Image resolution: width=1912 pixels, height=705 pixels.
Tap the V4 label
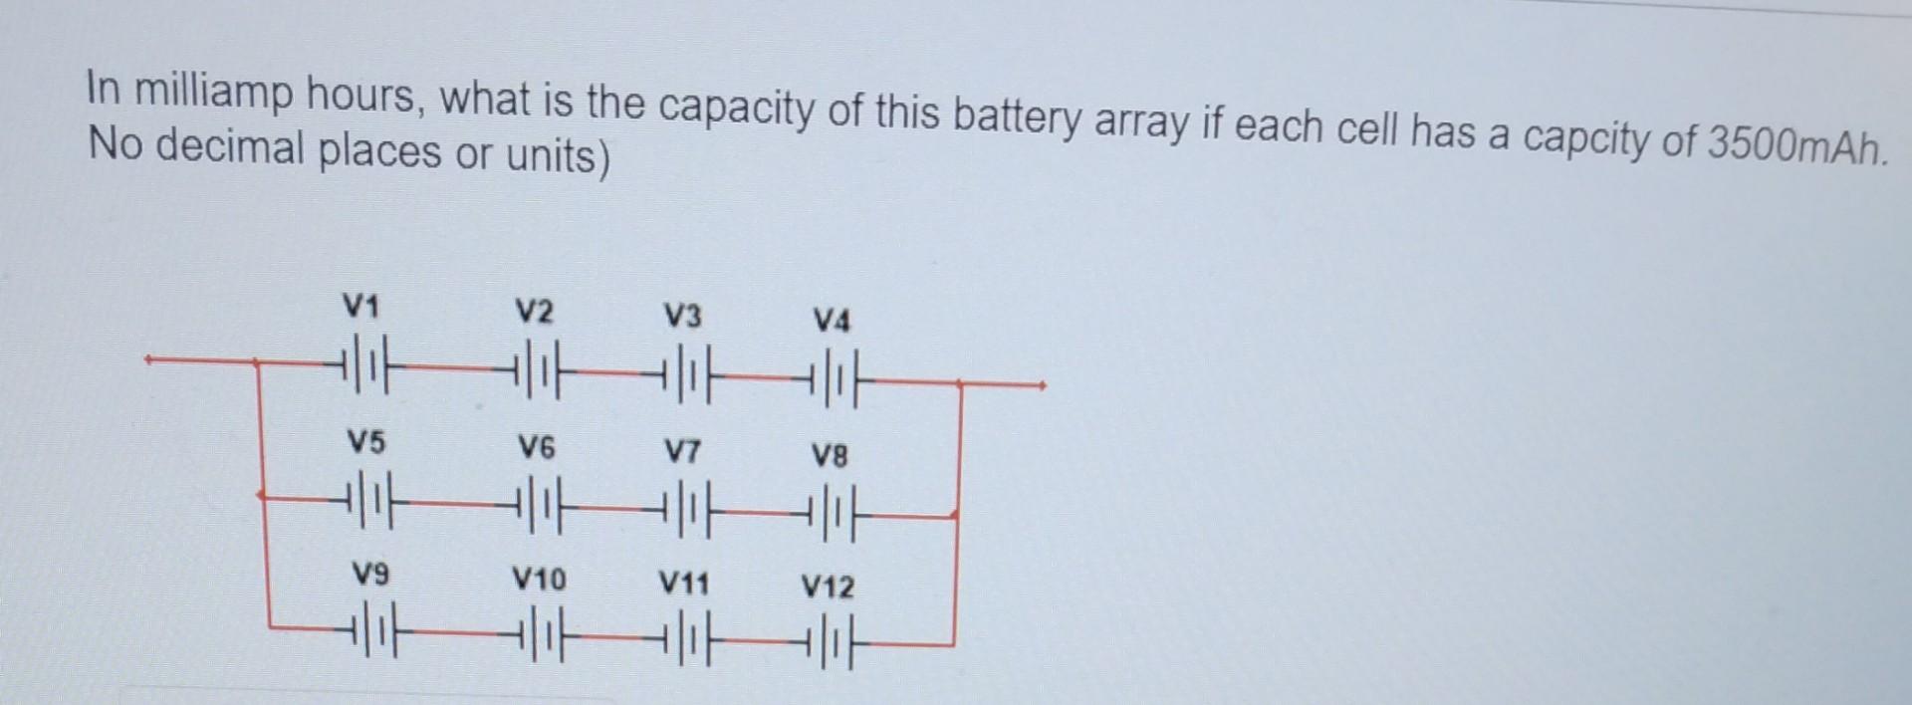click(x=832, y=322)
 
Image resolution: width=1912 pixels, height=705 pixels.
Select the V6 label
click(x=536, y=448)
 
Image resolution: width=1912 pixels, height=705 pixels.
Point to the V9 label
click(x=370, y=574)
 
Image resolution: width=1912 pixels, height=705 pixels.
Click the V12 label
click(x=828, y=587)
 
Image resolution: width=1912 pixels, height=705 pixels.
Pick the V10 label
click(x=538, y=579)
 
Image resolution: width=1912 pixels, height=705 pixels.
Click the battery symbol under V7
click(x=683, y=508)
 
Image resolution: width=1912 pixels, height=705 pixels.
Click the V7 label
click(x=682, y=453)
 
